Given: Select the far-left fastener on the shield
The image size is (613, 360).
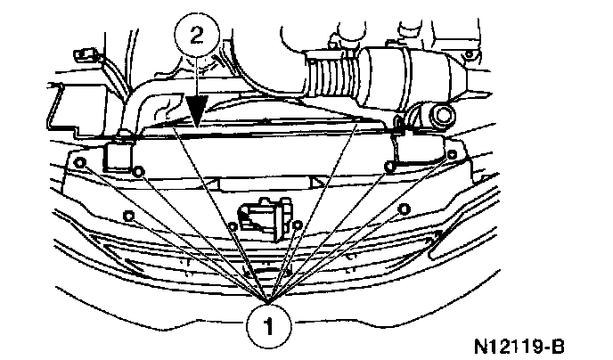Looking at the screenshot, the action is point(82,162).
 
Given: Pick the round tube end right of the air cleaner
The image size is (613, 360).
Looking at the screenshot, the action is point(439,116).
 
